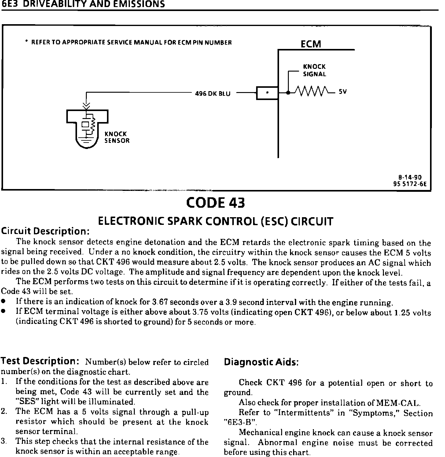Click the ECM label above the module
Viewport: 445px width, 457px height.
(311, 44)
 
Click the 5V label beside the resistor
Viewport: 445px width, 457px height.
(343, 92)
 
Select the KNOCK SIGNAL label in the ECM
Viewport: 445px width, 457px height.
(314, 70)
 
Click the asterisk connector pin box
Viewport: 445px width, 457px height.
(267, 93)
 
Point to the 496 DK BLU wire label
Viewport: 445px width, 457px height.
(213, 94)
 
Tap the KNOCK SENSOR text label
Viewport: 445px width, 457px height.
(117, 137)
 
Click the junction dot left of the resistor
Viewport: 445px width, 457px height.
(288, 93)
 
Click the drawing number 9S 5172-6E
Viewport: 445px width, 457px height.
(410, 184)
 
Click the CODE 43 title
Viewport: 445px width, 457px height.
(215, 203)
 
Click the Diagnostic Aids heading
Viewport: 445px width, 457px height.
(261, 362)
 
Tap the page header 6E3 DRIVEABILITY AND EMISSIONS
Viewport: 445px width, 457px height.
(83, 4)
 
